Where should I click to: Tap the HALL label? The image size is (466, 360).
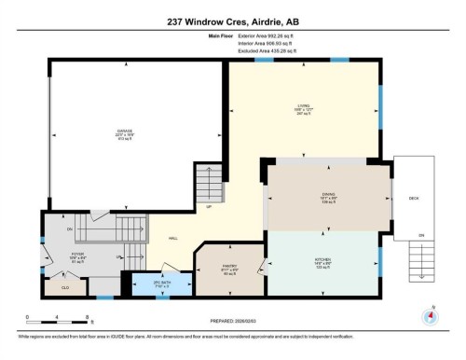tap(173, 240)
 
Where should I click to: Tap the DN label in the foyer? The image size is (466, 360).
tap(70, 228)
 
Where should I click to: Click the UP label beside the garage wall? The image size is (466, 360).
tap(210, 207)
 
